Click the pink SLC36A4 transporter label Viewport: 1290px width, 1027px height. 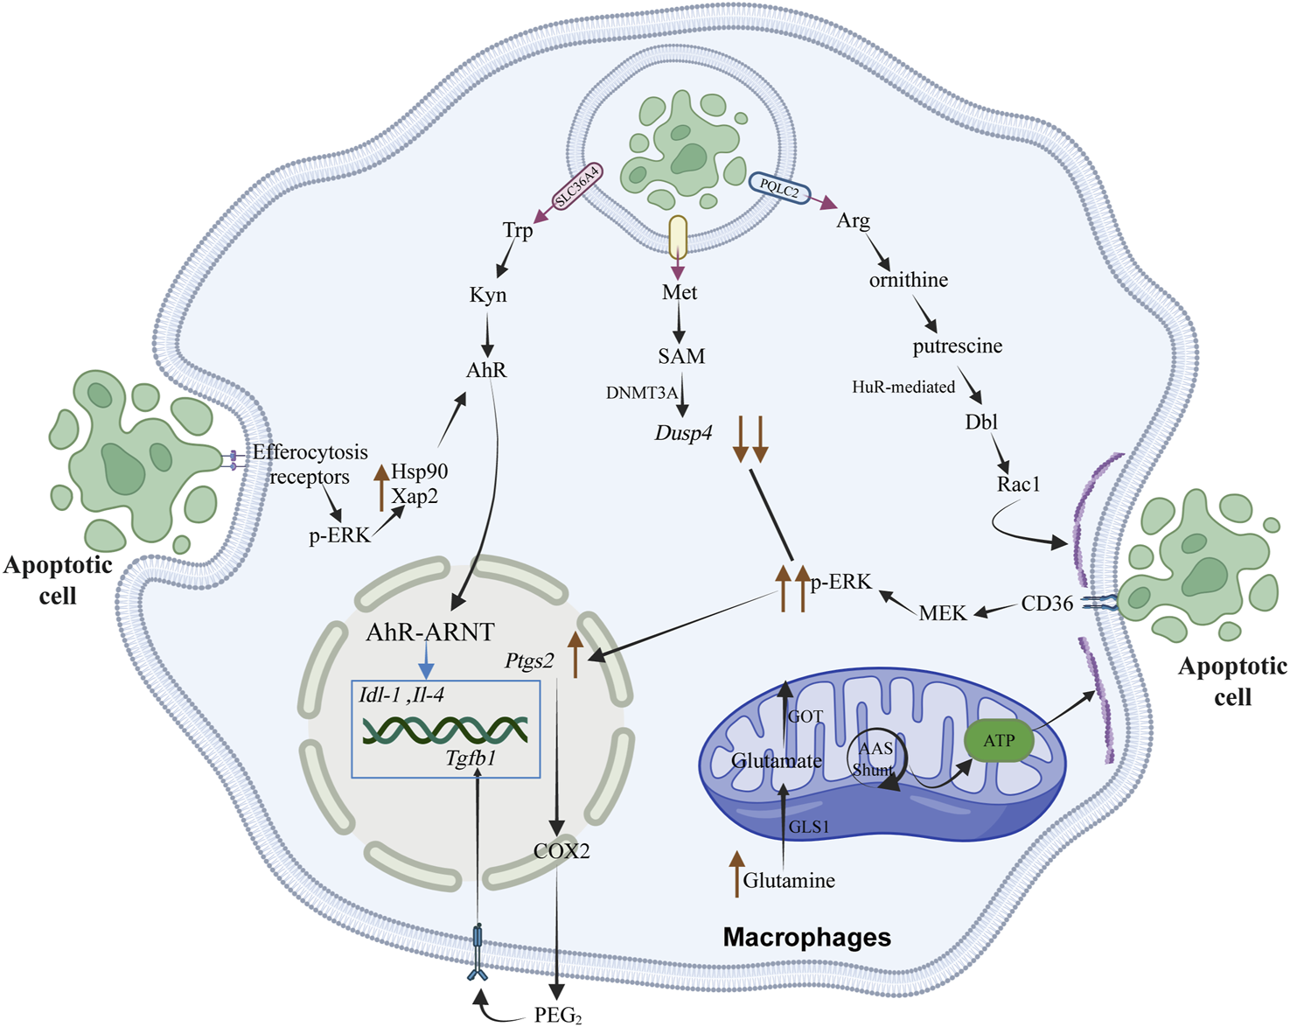579,187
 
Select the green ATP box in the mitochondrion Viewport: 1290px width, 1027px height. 999,741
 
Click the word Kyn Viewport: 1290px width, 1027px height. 488,295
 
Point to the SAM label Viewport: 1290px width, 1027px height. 681,356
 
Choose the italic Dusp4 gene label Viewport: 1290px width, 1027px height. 683,433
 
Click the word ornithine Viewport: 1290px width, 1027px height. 908,280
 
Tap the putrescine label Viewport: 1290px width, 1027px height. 957,346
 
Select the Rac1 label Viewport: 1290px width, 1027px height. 1018,484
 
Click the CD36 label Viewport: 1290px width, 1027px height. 1047,604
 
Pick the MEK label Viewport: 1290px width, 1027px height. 943,614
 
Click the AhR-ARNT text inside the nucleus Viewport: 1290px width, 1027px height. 430,632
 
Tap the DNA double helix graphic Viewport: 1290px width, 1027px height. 445,729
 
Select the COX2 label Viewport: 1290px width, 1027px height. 561,850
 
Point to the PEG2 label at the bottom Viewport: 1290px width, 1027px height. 558,1016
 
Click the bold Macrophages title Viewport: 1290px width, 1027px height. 806,938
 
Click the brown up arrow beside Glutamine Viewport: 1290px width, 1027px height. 736,874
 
